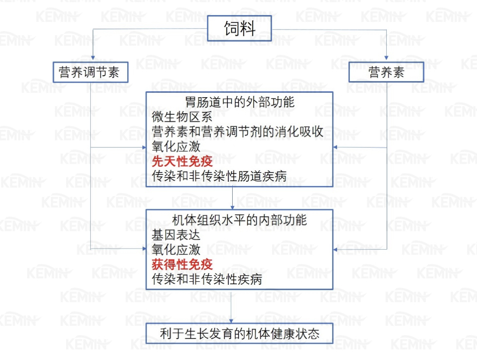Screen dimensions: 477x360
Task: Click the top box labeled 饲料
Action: pos(239,28)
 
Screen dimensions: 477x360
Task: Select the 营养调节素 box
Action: pos(90,72)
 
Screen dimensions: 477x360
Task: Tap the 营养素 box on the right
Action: pos(386,72)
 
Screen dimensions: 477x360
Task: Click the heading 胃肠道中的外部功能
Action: pos(239,102)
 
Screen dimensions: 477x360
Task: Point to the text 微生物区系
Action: pos(182,117)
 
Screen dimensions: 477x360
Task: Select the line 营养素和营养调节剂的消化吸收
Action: pos(237,132)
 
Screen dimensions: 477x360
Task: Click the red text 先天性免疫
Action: pos(182,161)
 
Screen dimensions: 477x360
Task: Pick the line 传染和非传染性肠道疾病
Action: pos(219,176)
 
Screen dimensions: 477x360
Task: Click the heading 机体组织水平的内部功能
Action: pos(239,220)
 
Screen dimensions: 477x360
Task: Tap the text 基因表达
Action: pos(176,235)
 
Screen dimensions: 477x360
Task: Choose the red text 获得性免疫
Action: pos(182,264)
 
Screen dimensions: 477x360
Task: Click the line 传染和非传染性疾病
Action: pos(207,279)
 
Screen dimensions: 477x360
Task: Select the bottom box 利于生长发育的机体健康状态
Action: pos(239,334)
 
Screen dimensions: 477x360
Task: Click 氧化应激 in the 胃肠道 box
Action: pos(176,146)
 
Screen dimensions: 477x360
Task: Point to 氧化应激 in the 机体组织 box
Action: pos(176,250)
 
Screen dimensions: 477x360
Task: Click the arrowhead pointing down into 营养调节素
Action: pos(93,58)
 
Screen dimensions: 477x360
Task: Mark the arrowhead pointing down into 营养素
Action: pos(386,58)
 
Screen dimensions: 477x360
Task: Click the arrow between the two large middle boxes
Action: pos(232,198)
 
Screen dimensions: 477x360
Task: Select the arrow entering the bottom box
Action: pos(231,306)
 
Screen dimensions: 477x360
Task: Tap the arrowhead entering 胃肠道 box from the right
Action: pos(335,147)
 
